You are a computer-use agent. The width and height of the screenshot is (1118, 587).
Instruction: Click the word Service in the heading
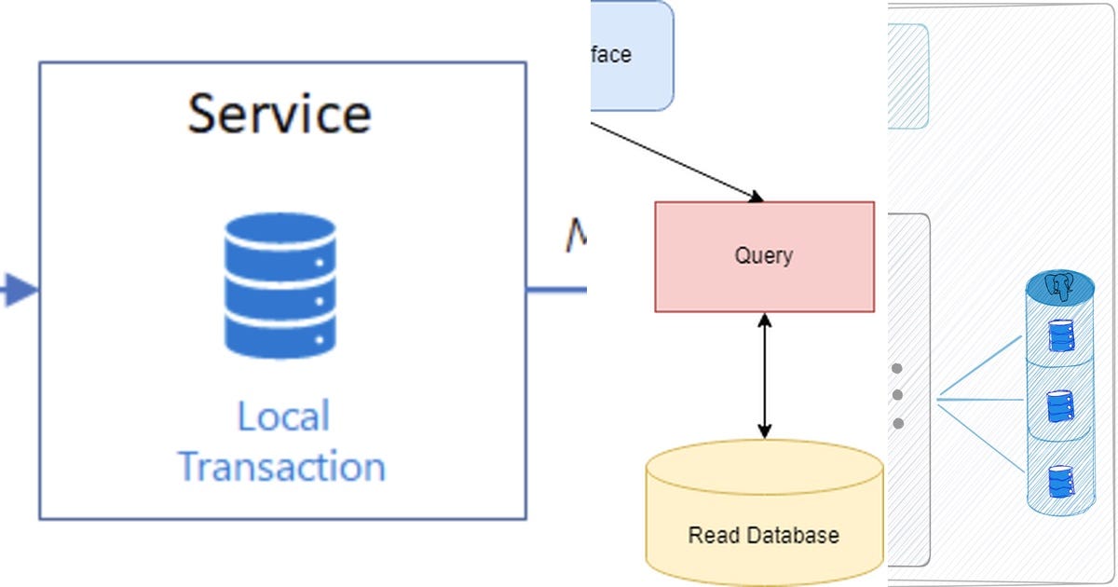(279, 113)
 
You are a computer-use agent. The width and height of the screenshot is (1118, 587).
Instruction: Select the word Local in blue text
(283, 416)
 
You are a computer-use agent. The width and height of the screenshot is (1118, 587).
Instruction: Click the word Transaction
(281, 465)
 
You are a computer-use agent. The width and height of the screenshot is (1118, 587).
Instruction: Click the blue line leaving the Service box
(556, 290)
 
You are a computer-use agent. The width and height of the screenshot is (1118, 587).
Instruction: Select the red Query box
(764, 256)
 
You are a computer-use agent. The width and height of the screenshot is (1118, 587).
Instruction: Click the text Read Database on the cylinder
(763, 536)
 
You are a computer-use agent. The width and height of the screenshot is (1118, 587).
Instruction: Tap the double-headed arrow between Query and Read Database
(765, 375)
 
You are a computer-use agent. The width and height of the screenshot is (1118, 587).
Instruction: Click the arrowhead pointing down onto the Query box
(756, 196)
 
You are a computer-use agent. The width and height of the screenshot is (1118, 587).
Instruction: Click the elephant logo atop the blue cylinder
(1060, 286)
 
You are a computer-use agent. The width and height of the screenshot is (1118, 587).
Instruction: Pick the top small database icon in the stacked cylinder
(1060, 335)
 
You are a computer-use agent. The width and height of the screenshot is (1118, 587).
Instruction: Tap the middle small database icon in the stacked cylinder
(1060, 405)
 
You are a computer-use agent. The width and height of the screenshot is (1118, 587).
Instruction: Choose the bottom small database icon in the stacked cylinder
(1060, 480)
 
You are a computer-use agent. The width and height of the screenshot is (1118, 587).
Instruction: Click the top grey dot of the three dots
(897, 368)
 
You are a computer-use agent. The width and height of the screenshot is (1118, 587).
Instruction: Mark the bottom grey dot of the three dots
(897, 424)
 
